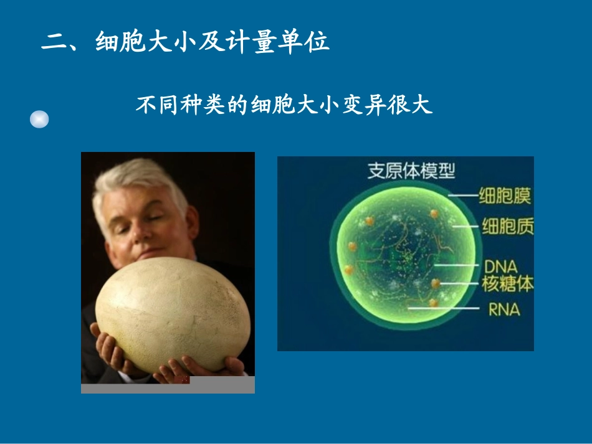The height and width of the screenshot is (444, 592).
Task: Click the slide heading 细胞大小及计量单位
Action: tap(212, 42)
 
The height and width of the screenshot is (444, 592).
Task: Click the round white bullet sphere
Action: tap(39, 119)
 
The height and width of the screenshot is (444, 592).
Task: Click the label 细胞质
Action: tap(508, 226)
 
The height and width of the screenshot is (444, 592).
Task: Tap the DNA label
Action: tap(500, 267)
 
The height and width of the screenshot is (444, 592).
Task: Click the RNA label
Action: tap(504, 308)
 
